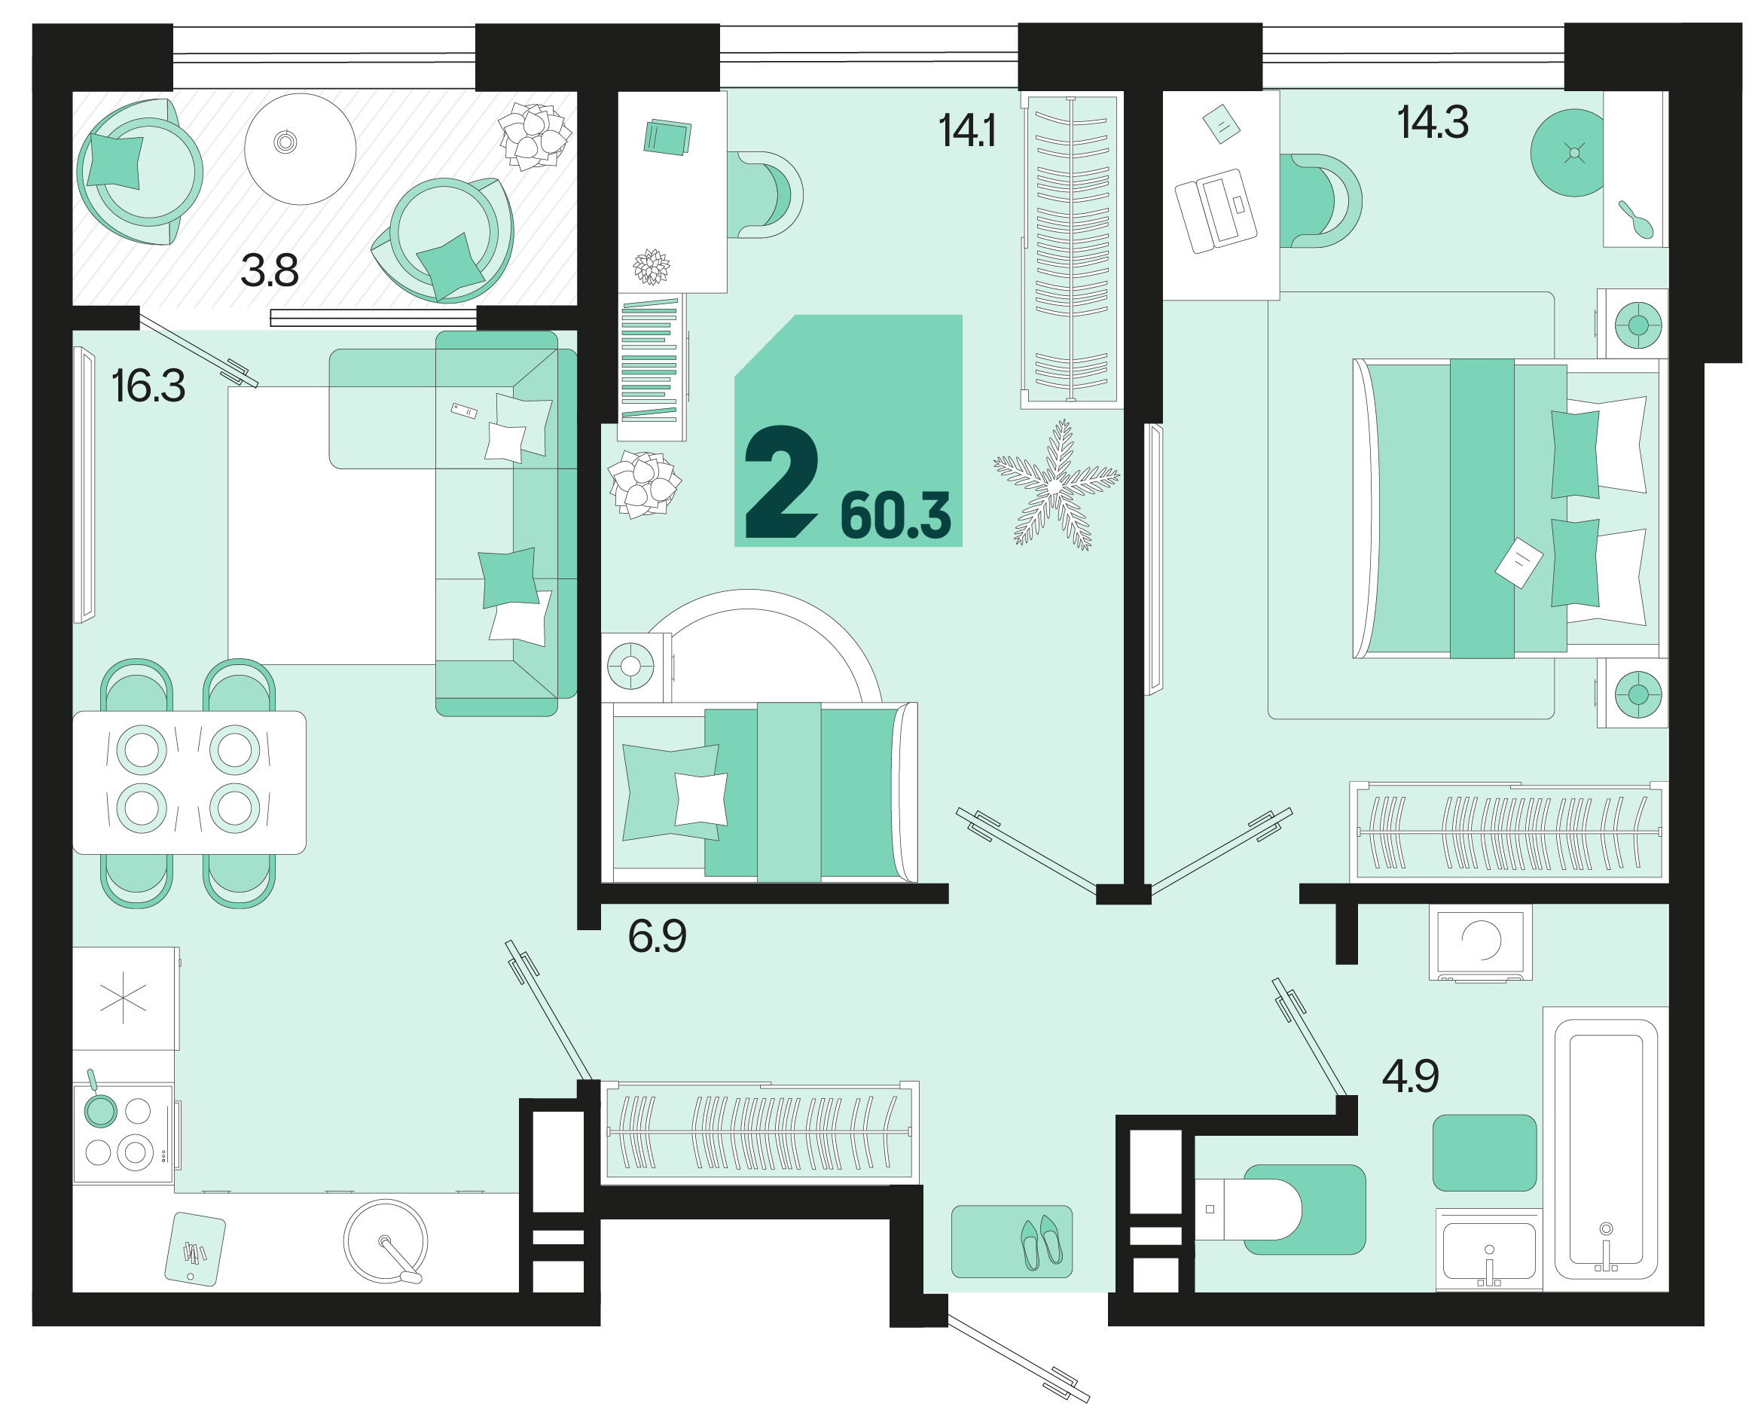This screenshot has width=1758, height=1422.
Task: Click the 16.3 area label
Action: [x=148, y=386]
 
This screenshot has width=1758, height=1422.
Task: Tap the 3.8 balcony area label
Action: [x=270, y=270]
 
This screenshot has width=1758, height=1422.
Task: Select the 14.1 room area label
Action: [x=966, y=131]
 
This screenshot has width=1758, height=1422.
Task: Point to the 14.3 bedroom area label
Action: [x=1433, y=123]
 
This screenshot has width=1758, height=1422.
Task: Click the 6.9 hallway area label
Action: [x=657, y=936]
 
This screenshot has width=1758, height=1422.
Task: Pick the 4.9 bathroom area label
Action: [x=1411, y=1076]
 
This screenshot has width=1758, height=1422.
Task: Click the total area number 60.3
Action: [x=896, y=516]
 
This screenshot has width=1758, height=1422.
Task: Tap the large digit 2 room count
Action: [x=780, y=481]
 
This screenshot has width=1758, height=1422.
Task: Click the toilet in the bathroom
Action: [x=1247, y=1209]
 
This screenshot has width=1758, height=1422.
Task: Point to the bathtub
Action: [x=1606, y=1149]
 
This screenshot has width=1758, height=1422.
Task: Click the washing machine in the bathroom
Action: [x=1480, y=942]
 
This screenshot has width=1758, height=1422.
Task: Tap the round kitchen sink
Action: [x=385, y=1241]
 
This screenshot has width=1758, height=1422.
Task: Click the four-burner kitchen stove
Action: [x=123, y=1134]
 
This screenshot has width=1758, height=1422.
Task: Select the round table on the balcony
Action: [x=301, y=148]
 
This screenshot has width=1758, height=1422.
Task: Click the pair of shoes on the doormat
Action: [x=1041, y=1242]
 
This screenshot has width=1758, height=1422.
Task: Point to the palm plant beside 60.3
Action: [x=1056, y=485]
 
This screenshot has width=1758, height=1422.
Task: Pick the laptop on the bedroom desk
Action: [x=1216, y=211]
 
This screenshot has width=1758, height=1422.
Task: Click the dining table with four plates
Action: [x=189, y=783]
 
